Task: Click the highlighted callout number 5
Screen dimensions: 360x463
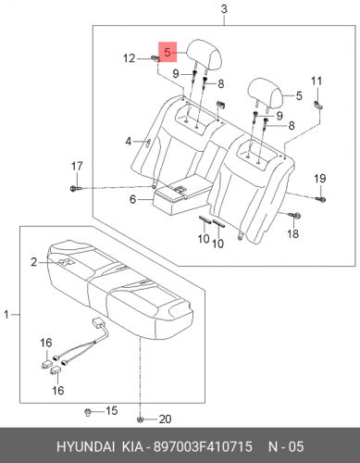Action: click(x=168, y=52)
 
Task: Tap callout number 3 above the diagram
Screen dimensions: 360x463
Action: click(x=224, y=9)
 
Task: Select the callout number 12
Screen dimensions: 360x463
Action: click(x=130, y=58)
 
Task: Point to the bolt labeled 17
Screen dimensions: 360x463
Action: click(x=76, y=188)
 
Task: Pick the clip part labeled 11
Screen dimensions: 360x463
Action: click(x=318, y=105)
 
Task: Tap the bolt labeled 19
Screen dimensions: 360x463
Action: click(x=321, y=199)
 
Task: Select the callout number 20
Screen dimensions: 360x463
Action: click(x=165, y=419)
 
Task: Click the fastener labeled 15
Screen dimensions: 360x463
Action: click(x=88, y=412)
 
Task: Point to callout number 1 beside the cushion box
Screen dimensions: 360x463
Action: click(x=6, y=315)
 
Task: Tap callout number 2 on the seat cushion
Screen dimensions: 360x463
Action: click(x=33, y=262)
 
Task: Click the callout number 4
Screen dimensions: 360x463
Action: click(x=129, y=142)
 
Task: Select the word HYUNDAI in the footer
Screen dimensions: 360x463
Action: click(x=85, y=446)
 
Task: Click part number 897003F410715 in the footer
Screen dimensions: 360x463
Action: click(x=203, y=446)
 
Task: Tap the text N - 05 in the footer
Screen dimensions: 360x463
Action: click(x=286, y=446)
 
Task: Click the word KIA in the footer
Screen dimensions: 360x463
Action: click(x=132, y=446)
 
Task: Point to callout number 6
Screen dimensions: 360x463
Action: click(x=132, y=199)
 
